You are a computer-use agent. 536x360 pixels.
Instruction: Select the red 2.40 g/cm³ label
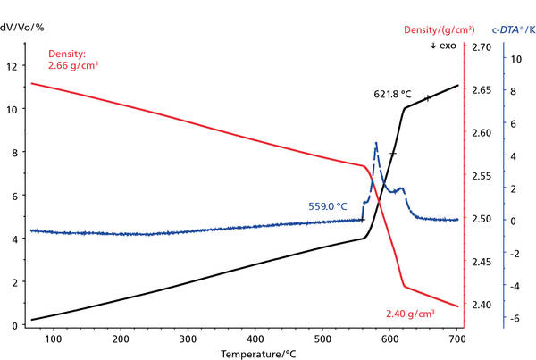click(410, 314)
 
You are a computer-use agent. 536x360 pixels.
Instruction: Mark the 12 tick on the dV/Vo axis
click(11, 66)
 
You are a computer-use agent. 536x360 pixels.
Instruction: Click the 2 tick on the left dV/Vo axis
click(13, 282)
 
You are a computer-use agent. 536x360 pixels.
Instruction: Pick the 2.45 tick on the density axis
click(480, 262)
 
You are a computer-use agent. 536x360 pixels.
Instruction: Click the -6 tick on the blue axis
click(515, 318)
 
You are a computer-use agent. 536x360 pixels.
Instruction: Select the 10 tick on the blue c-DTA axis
click(516, 58)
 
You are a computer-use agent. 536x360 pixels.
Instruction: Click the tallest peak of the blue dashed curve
click(376, 143)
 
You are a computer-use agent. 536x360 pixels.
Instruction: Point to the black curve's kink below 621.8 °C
click(405, 109)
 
